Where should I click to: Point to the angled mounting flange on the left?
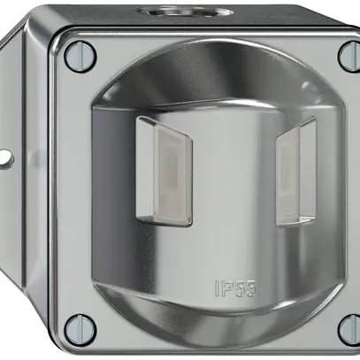(22, 159)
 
